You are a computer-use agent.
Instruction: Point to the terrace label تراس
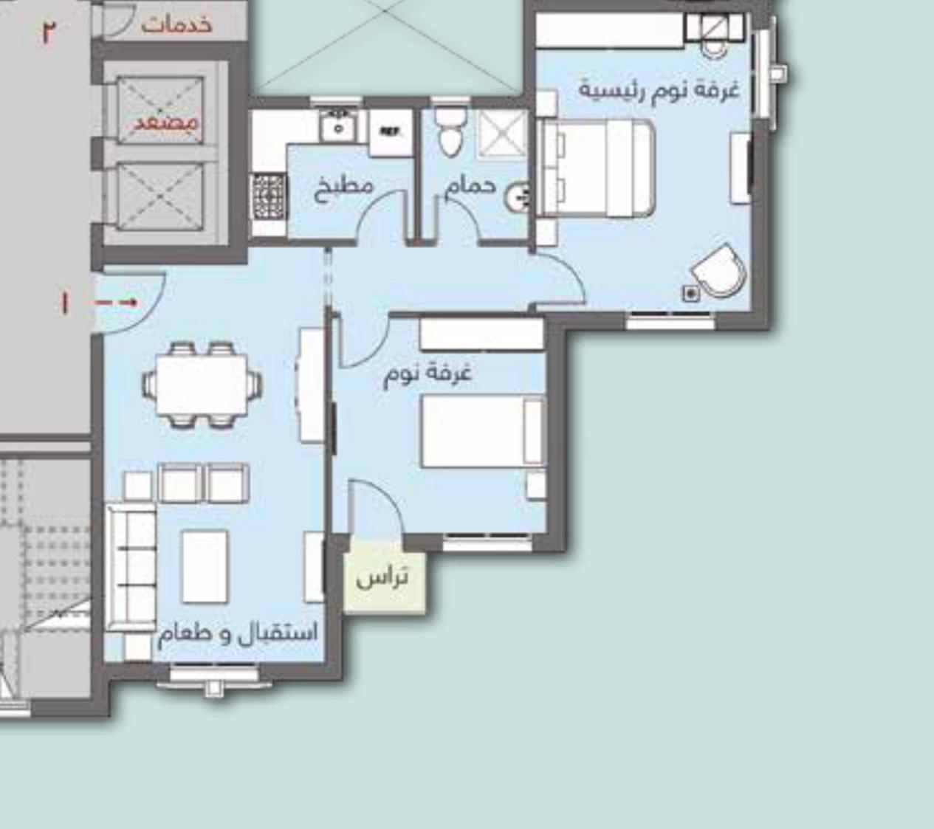[382, 578]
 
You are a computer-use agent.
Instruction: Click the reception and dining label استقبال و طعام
[238, 633]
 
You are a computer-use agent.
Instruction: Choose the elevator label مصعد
[166, 123]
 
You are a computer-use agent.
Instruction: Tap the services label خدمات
[176, 24]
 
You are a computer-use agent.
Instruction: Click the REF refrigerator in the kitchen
[391, 133]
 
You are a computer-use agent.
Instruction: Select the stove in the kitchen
[268, 197]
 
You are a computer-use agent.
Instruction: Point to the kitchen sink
[338, 126]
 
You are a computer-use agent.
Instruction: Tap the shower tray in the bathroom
[501, 134]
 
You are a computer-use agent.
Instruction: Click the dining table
[202, 385]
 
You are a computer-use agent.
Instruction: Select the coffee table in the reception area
[205, 566]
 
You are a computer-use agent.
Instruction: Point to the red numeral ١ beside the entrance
[64, 303]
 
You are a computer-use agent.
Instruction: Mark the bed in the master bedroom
[598, 168]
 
